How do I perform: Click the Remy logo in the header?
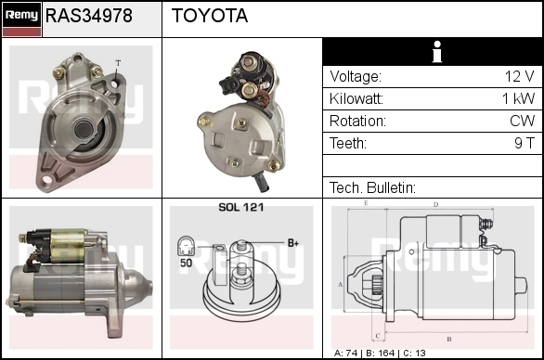coord(21,19)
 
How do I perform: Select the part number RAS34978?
coord(89,16)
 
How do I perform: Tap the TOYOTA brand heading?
coord(210,16)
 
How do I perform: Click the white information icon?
coord(437,52)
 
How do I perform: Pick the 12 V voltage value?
coord(519,76)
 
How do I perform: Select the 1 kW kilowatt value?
coord(518,98)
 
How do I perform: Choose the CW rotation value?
coord(522,121)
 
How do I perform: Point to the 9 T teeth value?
coord(525,143)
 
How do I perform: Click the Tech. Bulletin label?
coord(372,187)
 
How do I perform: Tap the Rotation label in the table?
coord(357,121)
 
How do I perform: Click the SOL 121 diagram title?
coord(241,207)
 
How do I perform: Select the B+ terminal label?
coord(293,243)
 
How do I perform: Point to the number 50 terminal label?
coord(186,263)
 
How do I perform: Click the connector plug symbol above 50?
coord(186,246)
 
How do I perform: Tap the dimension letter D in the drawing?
coord(435,205)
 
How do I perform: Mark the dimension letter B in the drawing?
coord(449,339)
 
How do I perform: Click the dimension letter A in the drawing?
coord(341,285)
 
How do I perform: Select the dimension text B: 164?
coord(381,354)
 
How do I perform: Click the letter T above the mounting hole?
coord(118,63)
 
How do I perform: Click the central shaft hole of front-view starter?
coord(84,130)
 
